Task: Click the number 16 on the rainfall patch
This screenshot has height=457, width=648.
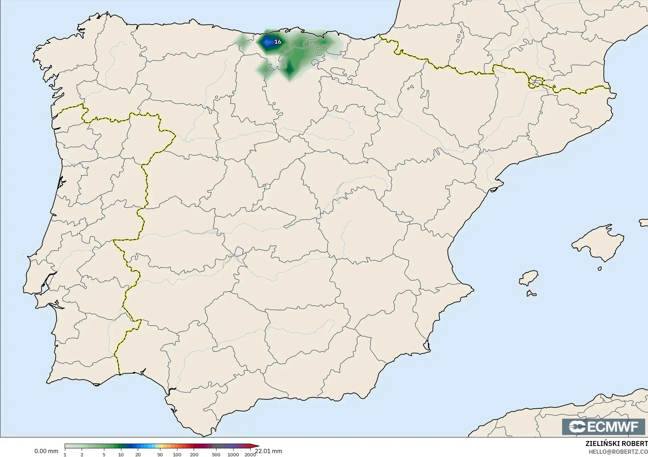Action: pos(278,42)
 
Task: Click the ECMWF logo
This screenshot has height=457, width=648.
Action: pos(603,426)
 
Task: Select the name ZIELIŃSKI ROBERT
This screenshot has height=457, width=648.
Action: pos(616,444)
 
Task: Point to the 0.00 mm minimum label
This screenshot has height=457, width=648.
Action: pos(46,451)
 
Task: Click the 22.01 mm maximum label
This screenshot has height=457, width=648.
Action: pos(269,451)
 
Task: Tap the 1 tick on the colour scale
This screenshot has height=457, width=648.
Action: pos(65,455)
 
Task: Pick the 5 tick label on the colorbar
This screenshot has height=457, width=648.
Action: pos(104,455)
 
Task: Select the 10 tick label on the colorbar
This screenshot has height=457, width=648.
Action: pos(121,455)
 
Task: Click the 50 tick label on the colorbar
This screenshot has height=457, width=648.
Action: pos(160,455)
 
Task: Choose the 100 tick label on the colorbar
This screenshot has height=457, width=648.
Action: pos(177,455)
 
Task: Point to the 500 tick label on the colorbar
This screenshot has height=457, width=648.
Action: pos(216,455)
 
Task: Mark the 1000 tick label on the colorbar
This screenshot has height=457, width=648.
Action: pos(233,455)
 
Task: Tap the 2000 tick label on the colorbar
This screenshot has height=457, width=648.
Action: pos(250,455)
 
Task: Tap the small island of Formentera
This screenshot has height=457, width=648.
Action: pos(531,293)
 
